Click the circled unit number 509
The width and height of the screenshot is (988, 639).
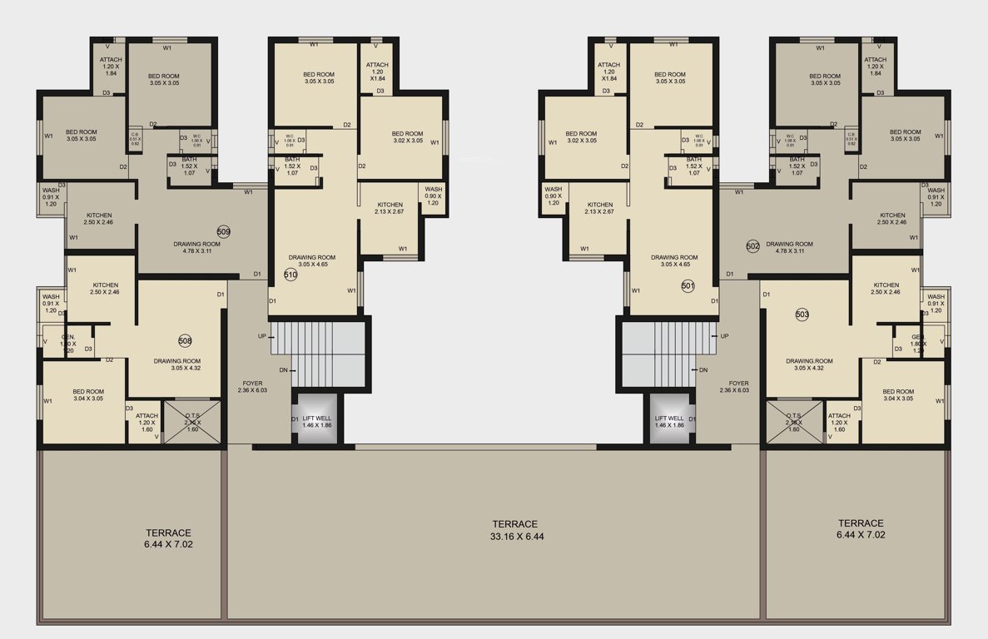(x=223, y=231)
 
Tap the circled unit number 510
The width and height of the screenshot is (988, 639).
(x=290, y=275)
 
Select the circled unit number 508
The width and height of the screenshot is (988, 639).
(x=185, y=340)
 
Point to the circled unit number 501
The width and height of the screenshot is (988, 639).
(x=688, y=286)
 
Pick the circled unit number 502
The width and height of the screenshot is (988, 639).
(x=752, y=246)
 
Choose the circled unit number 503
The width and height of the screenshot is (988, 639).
(x=802, y=315)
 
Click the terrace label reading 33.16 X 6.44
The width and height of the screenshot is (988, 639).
(x=514, y=530)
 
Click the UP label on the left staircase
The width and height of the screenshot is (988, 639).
(x=262, y=336)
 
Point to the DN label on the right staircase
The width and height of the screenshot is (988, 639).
(x=703, y=369)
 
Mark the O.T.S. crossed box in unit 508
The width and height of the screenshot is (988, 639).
(x=192, y=423)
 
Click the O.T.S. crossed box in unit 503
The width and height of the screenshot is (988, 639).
(x=794, y=423)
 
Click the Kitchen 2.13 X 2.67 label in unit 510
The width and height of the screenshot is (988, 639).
(x=390, y=208)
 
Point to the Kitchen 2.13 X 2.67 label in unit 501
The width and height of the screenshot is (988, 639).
(x=598, y=208)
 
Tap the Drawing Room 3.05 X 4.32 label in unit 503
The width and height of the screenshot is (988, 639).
(x=809, y=364)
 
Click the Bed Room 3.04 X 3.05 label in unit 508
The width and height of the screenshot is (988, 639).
(x=87, y=395)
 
